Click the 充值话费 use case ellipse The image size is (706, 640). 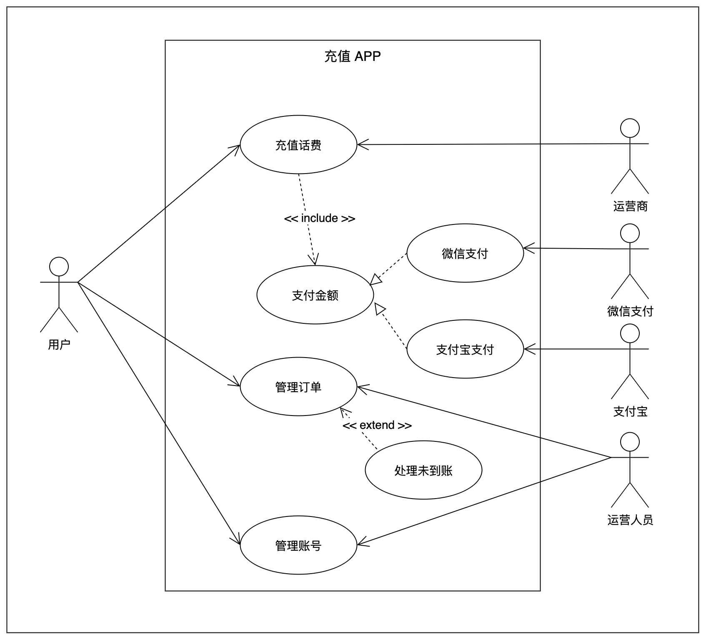(298, 145)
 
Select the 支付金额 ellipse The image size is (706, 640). (315, 295)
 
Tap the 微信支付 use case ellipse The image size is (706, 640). (465, 253)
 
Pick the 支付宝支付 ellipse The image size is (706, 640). (465, 349)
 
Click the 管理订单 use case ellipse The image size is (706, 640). (298, 387)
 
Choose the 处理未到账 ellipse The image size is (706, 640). (423, 470)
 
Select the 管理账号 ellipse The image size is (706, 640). (298, 545)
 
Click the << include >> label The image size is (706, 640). (319, 218)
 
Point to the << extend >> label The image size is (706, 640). (377, 425)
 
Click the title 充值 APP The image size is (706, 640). (353, 56)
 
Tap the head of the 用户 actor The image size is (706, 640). (59, 267)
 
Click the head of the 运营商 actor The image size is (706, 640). (630, 128)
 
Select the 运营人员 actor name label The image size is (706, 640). (630, 520)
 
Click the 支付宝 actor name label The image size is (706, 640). (630, 411)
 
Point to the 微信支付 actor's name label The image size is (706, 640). (630, 311)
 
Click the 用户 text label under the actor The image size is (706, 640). (59, 345)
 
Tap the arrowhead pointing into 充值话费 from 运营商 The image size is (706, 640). (362, 145)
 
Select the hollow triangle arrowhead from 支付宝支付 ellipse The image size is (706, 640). (379, 309)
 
